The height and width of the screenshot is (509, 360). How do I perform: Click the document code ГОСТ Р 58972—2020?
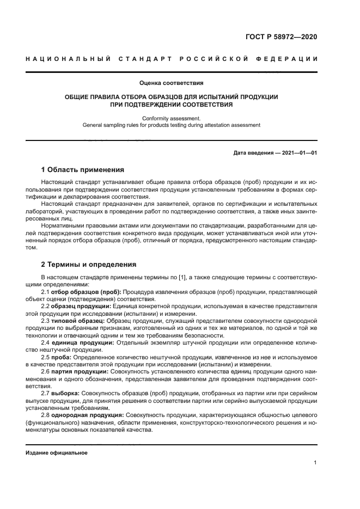pyautogui.click(x=282, y=37)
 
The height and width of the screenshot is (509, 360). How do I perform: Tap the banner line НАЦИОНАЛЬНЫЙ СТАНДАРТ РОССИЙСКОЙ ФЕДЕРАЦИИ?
pyautogui.click(x=171, y=59)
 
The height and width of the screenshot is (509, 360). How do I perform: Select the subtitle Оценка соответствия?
pyautogui.click(x=171, y=83)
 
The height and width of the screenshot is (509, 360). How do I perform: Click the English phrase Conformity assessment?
pyautogui.click(x=171, y=118)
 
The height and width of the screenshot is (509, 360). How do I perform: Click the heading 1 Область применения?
pyautogui.click(x=83, y=170)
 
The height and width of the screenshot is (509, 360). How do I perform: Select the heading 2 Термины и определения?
pyautogui.click(x=89, y=265)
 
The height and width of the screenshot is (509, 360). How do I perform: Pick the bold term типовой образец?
pyautogui.click(x=78, y=321)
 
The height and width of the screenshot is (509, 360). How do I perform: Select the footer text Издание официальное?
pyautogui.click(x=57, y=452)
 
